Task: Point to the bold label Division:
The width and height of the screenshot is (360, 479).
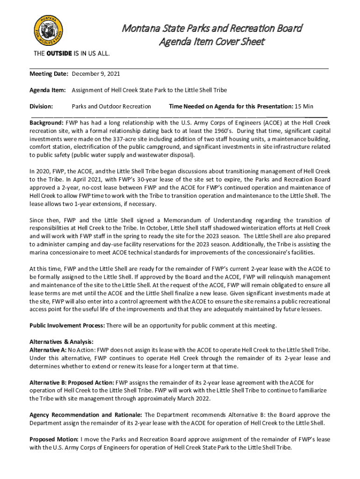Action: (x=41, y=106)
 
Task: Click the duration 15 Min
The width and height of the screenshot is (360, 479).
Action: (x=304, y=106)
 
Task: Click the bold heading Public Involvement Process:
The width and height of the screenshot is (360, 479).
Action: (x=67, y=326)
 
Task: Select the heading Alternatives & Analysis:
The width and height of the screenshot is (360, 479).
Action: (x=62, y=342)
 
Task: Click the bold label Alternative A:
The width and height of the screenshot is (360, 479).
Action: (x=48, y=350)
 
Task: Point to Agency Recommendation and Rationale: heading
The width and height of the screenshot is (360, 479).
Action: (x=86, y=415)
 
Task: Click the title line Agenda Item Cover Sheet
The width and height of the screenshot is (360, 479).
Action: (x=212, y=42)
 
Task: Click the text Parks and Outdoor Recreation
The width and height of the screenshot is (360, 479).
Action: (x=111, y=106)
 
